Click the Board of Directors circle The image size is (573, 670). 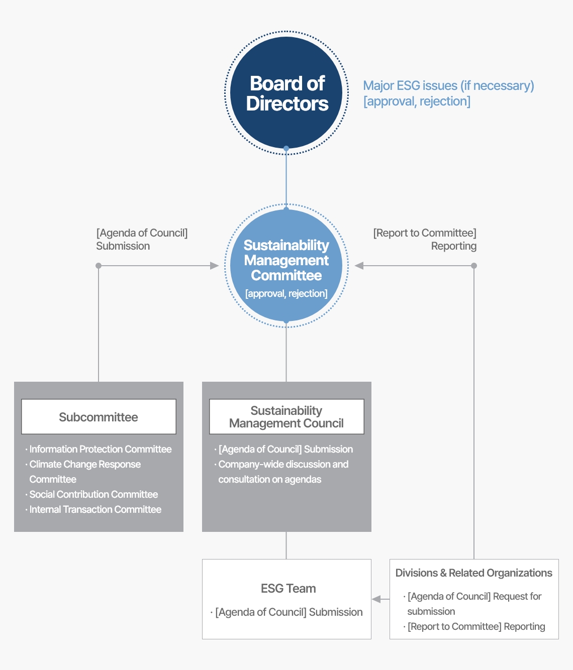(x=286, y=93)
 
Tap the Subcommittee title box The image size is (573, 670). (x=99, y=417)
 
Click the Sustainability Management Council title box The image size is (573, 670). (x=286, y=417)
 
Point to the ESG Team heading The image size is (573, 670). (x=288, y=589)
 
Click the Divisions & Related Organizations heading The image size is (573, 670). (x=473, y=573)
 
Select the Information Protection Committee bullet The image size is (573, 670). (x=100, y=450)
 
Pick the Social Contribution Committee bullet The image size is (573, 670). (x=93, y=495)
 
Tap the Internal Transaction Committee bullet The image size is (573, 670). (x=95, y=510)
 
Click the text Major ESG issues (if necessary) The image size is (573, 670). (x=448, y=86)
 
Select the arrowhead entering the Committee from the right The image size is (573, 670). (x=359, y=266)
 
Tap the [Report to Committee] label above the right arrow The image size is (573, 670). (x=425, y=233)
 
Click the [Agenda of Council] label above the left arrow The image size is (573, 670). (x=142, y=233)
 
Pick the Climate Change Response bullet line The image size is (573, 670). (x=85, y=465)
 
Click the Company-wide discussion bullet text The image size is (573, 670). (x=283, y=465)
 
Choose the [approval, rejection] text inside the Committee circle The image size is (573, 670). (x=286, y=294)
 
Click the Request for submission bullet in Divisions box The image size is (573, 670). (x=474, y=597)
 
